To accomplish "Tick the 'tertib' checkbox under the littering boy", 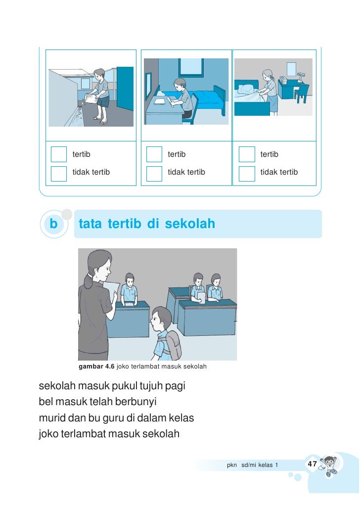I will [x=59, y=154].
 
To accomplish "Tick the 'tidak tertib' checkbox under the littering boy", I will [x=59, y=172].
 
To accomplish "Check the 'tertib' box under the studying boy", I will [x=154, y=154].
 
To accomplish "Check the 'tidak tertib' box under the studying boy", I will [x=154, y=172].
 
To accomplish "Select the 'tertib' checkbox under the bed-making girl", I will [x=246, y=154].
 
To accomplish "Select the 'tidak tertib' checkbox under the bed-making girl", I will [x=246, y=172].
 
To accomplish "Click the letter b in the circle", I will [x=53, y=224].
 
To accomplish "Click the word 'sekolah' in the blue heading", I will [x=190, y=224].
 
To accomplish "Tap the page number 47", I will [x=312, y=464].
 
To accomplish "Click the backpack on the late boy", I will [x=173, y=344].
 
